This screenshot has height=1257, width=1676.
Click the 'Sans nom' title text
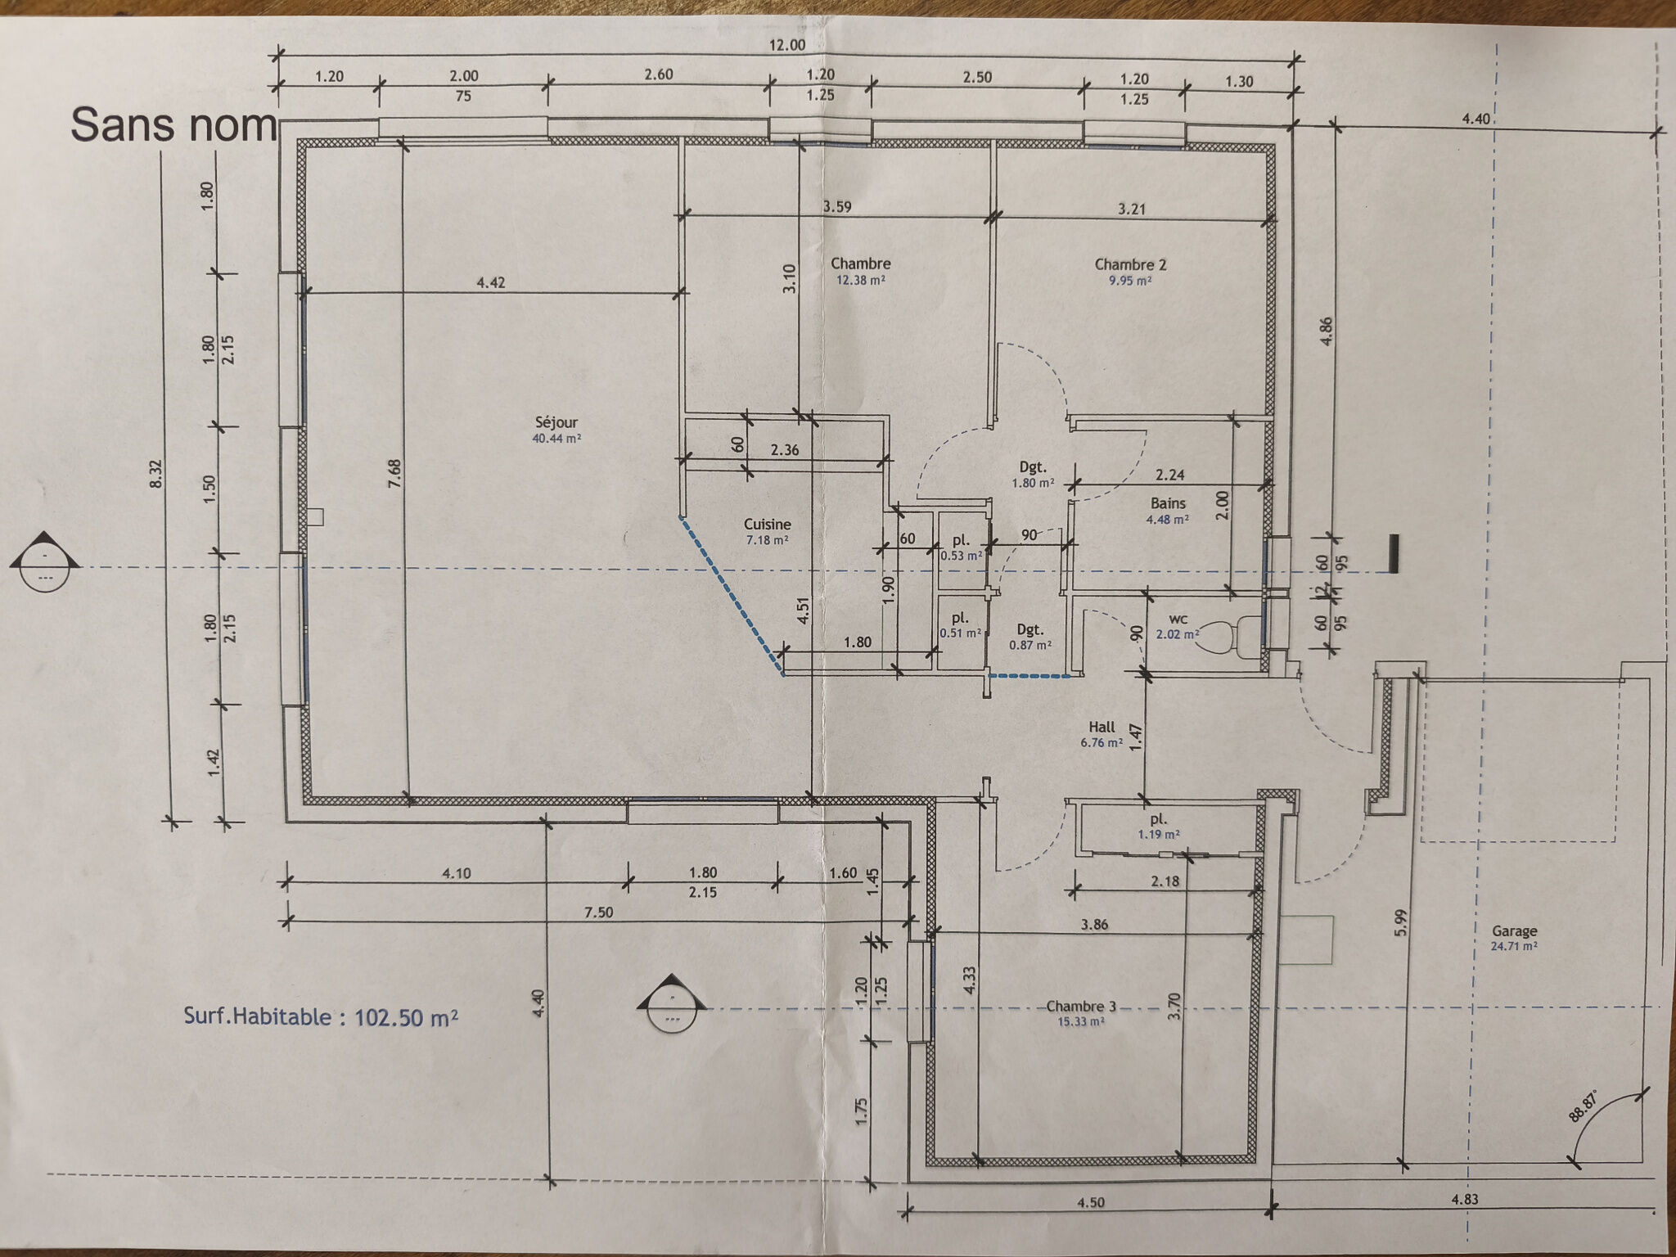[x=173, y=125]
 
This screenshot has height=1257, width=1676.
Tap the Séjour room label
[x=556, y=422]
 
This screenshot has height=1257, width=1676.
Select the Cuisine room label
[x=768, y=525]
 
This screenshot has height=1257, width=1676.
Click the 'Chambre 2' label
[x=1130, y=264]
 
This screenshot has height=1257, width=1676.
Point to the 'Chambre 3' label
[x=1081, y=1007]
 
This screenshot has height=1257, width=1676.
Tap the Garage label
[x=1514, y=931]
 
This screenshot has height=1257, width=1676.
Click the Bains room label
[x=1168, y=503]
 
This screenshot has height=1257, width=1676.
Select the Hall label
[x=1102, y=727]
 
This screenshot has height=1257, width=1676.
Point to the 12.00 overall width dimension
[x=786, y=45]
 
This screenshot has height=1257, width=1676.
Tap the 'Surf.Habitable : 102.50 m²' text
[x=321, y=1017]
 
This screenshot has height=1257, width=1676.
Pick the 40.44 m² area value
[x=556, y=439]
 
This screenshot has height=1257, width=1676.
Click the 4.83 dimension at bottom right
[x=1465, y=1200]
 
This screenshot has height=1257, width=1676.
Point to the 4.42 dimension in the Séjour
[x=491, y=282]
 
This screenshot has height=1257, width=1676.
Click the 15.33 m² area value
[x=1081, y=1022]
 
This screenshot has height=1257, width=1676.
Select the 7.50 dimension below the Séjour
[x=598, y=912]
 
